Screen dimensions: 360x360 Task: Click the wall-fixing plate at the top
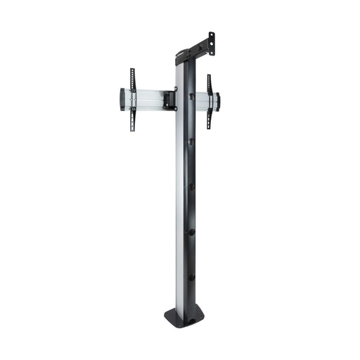point(208,44)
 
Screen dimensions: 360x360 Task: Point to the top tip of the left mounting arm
point(131,70)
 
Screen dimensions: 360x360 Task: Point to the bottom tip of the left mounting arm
point(132,131)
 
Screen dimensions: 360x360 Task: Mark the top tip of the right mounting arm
point(209,76)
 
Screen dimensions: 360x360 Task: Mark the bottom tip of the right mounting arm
point(209,129)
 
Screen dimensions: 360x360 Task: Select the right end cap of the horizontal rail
point(217,101)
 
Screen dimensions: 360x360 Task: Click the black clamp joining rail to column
point(169,99)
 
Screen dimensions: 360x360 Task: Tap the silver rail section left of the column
point(149,99)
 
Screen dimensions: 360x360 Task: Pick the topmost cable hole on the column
point(191,96)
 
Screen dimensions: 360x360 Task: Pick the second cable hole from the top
point(191,141)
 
